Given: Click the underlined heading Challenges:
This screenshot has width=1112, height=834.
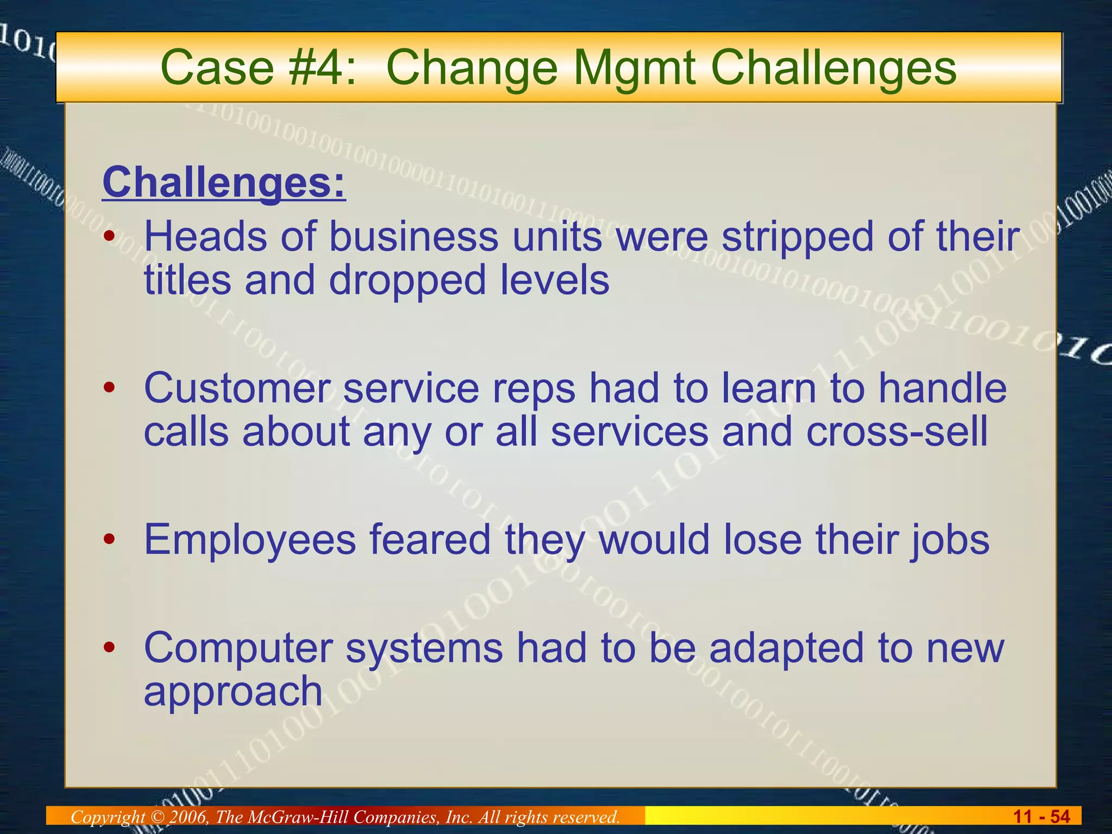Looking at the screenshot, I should pyautogui.click(x=224, y=183).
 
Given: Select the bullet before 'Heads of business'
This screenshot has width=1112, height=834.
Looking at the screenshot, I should pyautogui.click(x=110, y=237).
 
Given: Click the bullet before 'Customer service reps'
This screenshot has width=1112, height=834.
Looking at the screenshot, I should pyautogui.click(x=110, y=388).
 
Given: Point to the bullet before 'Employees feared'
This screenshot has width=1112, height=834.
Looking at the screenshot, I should pyautogui.click(x=110, y=539).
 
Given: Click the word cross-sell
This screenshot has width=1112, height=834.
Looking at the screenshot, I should pyautogui.click(x=896, y=432).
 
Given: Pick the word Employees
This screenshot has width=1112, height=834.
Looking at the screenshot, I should pyautogui.click(x=250, y=540).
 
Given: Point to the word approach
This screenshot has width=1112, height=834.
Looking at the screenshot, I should pyautogui.click(x=233, y=692).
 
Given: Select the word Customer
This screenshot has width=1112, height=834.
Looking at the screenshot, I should pyautogui.click(x=237, y=389).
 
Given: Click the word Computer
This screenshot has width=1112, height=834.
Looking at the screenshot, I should pyautogui.click(x=238, y=648).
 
